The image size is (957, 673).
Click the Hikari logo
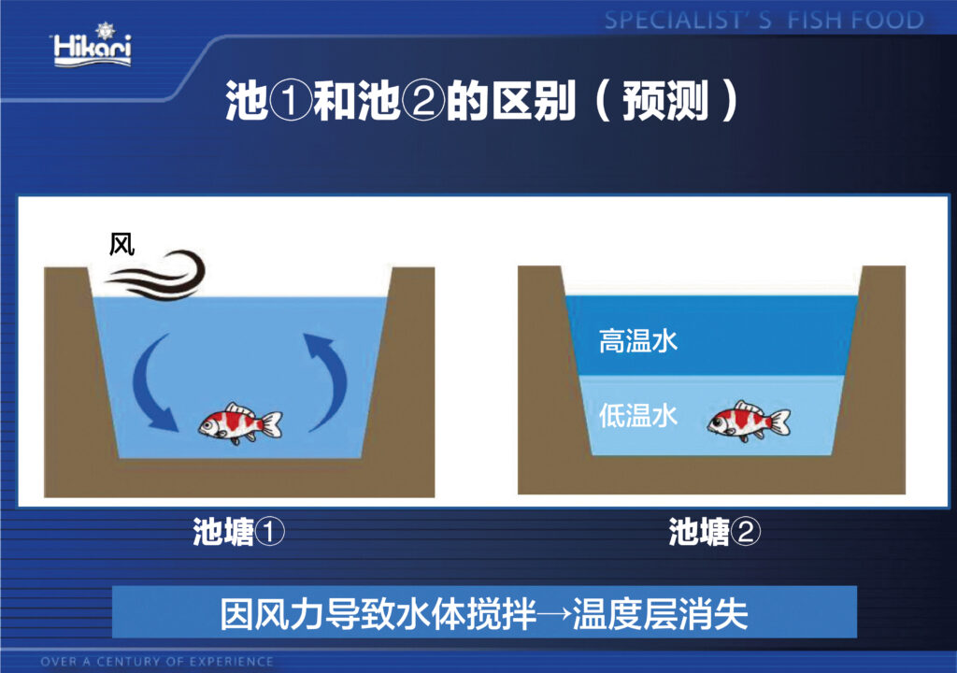93,46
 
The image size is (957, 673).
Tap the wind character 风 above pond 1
121,245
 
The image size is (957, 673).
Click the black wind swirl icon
157,276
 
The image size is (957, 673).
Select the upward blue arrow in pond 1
328,381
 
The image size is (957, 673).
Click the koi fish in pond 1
240,422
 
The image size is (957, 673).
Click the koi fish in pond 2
749,421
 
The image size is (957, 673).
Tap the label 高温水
637,341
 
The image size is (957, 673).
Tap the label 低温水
637,415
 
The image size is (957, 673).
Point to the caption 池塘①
238,531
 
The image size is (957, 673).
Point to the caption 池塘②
715,531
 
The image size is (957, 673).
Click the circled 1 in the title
291,101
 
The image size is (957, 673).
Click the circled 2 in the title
423,101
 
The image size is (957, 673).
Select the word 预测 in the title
665,101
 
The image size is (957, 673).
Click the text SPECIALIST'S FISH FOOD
764,21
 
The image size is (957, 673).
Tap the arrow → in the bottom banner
555,614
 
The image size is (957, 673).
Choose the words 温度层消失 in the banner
661,614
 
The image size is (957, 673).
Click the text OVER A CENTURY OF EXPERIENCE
157,662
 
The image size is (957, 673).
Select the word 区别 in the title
534,101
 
